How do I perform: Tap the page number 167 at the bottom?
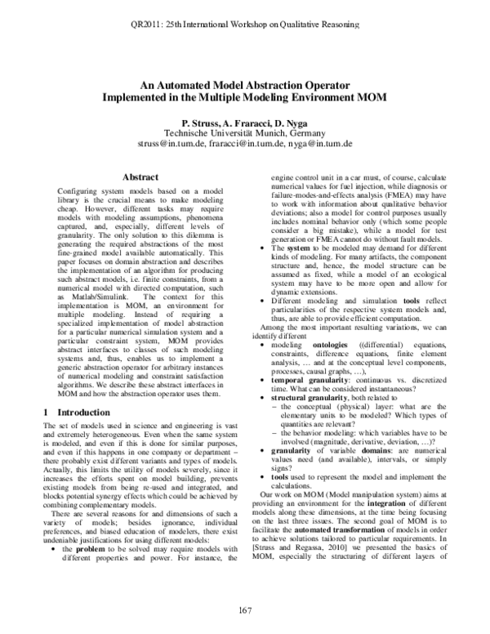point(244,609)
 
